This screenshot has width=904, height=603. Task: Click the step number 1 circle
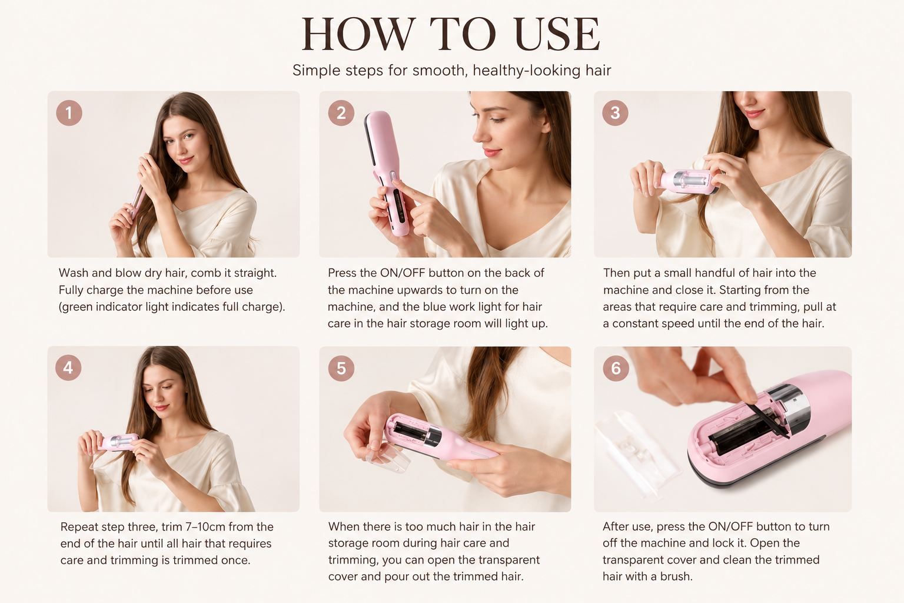coord(69,112)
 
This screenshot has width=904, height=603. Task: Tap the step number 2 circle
coord(341,112)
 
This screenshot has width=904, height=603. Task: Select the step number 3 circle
coord(615,112)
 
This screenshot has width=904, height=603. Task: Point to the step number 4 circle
coord(68,367)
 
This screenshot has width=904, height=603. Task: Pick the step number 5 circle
coord(341,368)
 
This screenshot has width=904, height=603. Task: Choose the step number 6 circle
coord(616,368)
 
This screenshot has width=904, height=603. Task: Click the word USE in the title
coord(557,34)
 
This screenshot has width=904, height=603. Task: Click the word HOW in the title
coord(358,34)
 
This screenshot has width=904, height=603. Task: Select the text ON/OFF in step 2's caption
coord(403,273)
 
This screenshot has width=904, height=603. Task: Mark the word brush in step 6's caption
coord(676,577)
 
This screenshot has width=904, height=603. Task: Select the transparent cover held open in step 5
coord(388,457)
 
